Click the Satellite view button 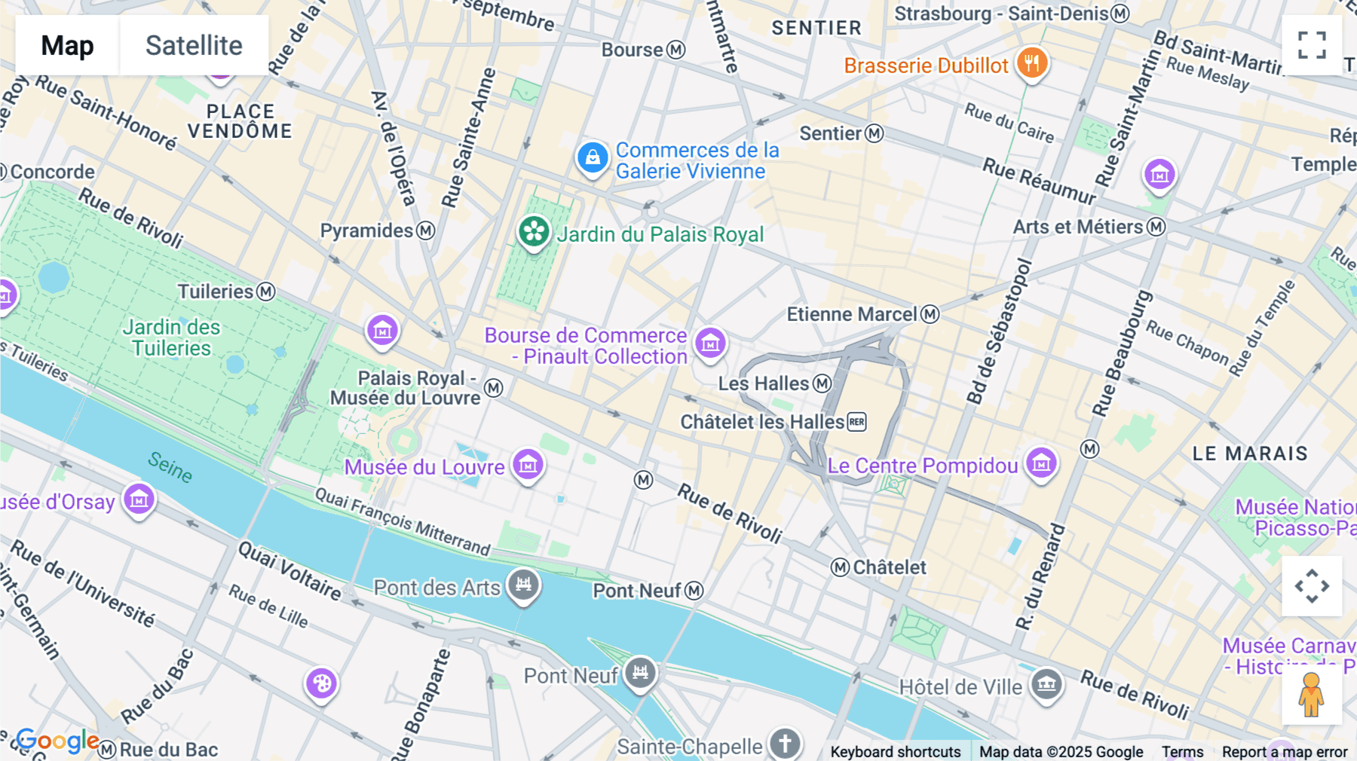(194, 45)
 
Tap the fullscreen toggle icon (1312, 45)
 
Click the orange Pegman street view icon (1311, 695)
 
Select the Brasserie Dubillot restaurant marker (1031, 63)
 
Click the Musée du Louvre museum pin (528, 464)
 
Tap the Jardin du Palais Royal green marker (534, 231)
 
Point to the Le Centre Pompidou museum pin (1042, 463)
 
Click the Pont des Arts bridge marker (523, 585)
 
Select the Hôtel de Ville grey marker (1046, 684)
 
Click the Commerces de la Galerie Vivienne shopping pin (593, 158)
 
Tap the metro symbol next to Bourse (676, 50)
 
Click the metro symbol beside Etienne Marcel (930, 314)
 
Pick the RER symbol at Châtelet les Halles (857, 422)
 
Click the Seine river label (170, 466)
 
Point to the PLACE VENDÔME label (240, 121)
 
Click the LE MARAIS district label (1249, 454)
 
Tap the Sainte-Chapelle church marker (784, 743)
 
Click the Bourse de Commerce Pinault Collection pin (709, 343)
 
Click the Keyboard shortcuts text (895, 752)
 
